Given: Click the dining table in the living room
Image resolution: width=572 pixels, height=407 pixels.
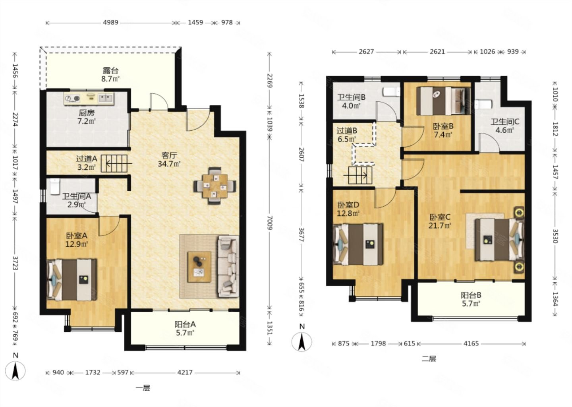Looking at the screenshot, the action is coord(215,186).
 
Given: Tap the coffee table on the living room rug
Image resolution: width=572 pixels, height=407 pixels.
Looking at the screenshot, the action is coord(199,267).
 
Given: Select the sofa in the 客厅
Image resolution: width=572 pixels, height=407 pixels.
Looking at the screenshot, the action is coord(228,266).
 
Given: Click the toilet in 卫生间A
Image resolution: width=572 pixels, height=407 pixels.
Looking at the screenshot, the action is coord(55,186).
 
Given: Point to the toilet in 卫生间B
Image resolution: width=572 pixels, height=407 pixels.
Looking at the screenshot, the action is coord(391,92).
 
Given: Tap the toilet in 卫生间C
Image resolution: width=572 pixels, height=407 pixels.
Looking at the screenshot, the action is coord(483,105).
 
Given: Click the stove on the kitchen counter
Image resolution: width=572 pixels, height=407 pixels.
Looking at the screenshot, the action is coord(72,98).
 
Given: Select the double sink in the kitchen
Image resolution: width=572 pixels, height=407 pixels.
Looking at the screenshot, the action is coord(106,98).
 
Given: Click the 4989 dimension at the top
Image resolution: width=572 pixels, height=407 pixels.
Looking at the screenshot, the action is coord(110,23).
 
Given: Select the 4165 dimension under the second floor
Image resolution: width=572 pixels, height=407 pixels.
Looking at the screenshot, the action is coord(471,344).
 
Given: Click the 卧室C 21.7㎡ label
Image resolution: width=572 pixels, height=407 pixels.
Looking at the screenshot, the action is coord(440,221).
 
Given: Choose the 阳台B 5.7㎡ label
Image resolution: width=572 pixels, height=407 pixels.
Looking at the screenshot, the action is coord(471,299).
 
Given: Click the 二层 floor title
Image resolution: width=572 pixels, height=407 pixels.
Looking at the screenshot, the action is coord(429,359).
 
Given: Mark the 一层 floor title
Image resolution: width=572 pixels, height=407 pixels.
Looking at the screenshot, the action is coord(143,388).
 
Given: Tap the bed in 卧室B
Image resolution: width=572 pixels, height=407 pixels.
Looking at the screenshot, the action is coord(444,101).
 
